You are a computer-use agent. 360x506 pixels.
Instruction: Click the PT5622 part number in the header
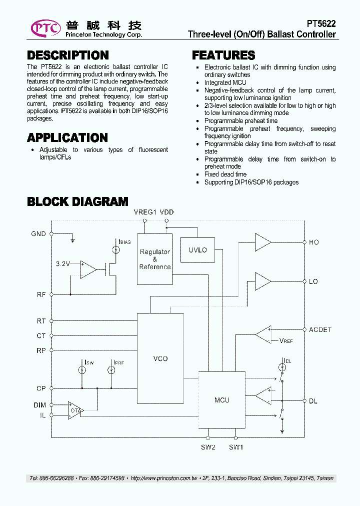[x=321, y=24]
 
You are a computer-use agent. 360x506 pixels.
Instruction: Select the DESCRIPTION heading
[x=68, y=55]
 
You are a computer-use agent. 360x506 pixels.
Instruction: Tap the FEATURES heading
[x=223, y=55]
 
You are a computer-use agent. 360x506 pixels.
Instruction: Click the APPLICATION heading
[x=67, y=137]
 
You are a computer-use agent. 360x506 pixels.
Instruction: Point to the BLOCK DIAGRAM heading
[x=77, y=201]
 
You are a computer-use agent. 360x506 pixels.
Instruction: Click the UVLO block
[x=197, y=250]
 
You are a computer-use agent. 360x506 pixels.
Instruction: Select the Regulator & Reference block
[x=154, y=259]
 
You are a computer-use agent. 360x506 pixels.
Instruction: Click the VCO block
[x=160, y=358]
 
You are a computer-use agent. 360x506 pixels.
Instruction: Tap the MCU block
[x=221, y=399]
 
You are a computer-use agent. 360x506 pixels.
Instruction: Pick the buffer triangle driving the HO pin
[x=262, y=242]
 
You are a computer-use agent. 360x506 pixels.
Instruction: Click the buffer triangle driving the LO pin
[x=262, y=281]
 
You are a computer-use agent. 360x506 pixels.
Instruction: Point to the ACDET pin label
[x=320, y=330]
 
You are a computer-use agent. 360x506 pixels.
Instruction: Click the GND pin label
[x=38, y=234]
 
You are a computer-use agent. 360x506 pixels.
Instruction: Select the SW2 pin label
[x=208, y=447]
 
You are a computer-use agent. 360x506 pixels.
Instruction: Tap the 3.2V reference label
[x=62, y=263]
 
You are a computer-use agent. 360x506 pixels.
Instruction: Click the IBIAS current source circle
[x=115, y=249]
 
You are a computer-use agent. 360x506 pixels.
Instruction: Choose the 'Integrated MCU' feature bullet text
[x=224, y=82]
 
